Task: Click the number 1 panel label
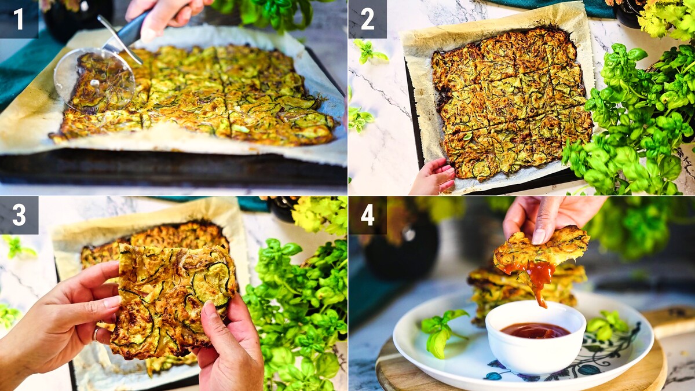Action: (19, 19)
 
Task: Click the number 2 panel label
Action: (368, 19)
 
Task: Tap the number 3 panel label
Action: (19, 215)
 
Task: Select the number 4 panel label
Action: (368, 215)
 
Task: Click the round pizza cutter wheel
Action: (94, 80)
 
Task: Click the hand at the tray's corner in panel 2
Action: (433, 177)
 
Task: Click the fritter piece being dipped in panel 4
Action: (542, 251)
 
